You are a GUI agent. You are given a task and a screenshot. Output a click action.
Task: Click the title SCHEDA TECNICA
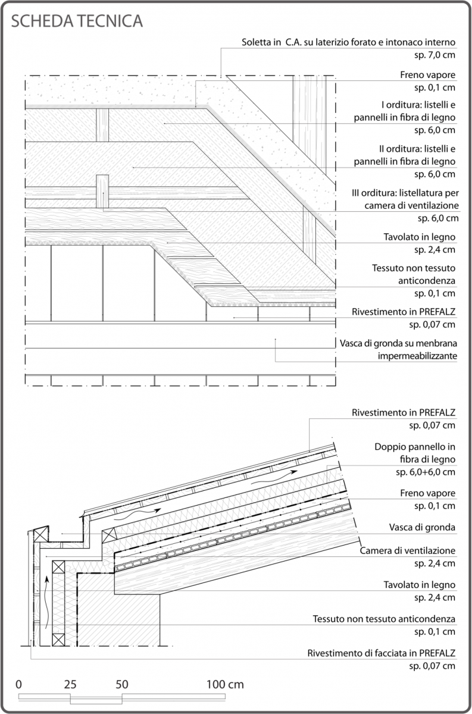77,21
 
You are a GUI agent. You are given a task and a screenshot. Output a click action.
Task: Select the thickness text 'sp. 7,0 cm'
435,55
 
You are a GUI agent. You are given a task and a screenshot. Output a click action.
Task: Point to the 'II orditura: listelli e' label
417,149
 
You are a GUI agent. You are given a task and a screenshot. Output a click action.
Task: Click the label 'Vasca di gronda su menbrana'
398,343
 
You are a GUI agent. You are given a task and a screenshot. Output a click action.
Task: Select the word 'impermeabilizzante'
417,356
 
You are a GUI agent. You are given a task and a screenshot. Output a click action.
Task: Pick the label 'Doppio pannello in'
415,447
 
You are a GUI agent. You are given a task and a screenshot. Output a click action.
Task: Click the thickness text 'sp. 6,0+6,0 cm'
426,472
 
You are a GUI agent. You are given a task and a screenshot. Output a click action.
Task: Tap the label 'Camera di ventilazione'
408,550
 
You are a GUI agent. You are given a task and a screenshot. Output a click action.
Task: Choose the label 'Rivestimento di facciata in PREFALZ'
382,653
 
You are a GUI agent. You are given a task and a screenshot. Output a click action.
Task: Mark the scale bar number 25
70,685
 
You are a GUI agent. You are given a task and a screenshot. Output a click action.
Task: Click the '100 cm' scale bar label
225,685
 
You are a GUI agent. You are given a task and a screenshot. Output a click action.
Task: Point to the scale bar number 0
19,685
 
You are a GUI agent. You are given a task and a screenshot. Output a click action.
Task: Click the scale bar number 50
122,685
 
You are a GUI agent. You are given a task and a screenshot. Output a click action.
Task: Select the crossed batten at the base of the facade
58,640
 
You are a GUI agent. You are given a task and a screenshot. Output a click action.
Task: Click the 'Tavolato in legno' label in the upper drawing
420,237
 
